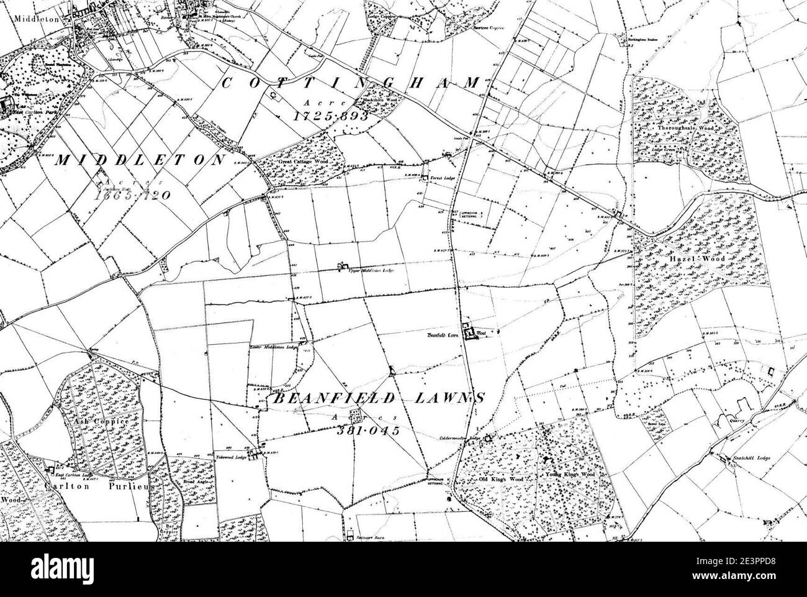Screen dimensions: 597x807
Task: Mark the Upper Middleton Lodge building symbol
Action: pyautogui.click(x=341, y=267)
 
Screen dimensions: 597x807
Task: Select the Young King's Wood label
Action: pyautogui.click(x=570, y=475)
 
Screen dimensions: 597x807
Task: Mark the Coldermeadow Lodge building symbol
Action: pyautogui.click(x=488, y=438)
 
